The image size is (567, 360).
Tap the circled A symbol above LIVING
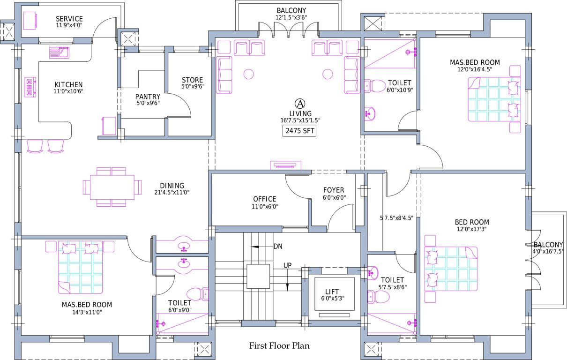[x=299, y=103]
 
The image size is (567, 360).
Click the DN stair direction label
[x=278, y=246]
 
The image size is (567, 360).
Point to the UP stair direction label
[x=288, y=265]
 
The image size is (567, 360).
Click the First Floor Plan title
[x=279, y=346]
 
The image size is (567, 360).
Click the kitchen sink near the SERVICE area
[x=60, y=52]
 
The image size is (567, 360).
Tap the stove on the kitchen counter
[x=31, y=87]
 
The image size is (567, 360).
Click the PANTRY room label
[x=148, y=97]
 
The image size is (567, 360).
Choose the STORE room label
[x=192, y=80]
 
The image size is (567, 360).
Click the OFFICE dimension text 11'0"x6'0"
[x=265, y=206]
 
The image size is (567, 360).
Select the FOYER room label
[x=334, y=190]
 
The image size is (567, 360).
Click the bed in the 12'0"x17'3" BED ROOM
[x=450, y=269]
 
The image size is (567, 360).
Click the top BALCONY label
[x=291, y=10]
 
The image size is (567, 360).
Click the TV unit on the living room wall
[x=285, y=165]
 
